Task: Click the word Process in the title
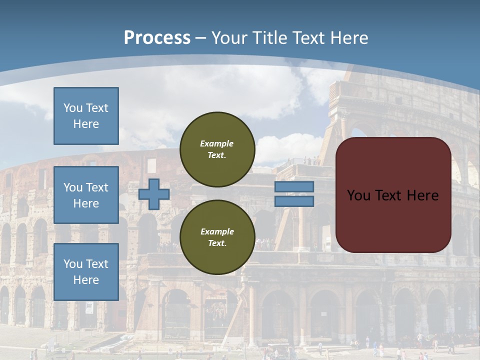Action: tap(157, 38)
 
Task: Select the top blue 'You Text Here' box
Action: tap(86, 116)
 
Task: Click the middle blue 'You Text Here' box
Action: tap(86, 195)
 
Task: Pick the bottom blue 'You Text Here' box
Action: tap(86, 272)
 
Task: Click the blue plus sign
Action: tap(154, 194)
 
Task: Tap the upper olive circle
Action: tap(217, 149)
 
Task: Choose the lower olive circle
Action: tap(217, 237)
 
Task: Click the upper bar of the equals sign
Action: tap(294, 187)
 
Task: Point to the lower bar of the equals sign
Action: tap(294, 201)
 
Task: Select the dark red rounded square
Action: tap(393, 195)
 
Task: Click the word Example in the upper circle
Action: tap(217, 143)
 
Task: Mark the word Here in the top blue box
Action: tap(86, 124)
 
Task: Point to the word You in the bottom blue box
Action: tap(72, 264)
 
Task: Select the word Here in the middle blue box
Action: tap(86, 203)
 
